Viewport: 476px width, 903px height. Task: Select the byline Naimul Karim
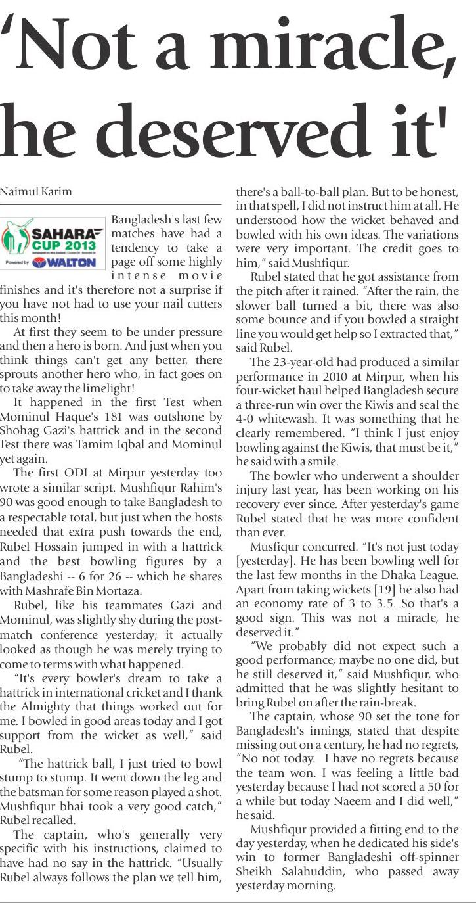[x=35, y=192]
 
